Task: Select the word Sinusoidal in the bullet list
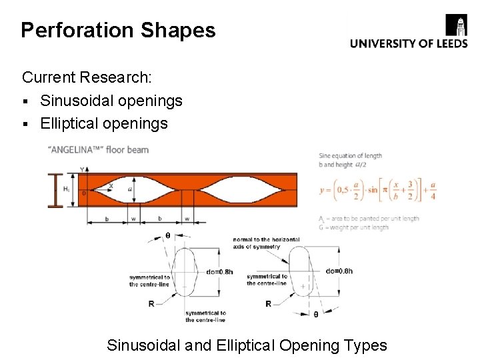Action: (75, 101)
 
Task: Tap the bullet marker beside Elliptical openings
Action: (26, 124)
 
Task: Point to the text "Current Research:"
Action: (87, 77)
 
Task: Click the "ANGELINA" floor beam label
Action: (98, 150)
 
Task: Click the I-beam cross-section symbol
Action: (55, 190)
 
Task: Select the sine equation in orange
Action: (377, 189)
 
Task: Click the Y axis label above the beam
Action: (83, 169)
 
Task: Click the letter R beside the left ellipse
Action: (151, 303)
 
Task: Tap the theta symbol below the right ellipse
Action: (315, 313)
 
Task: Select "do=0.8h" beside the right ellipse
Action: (339, 271)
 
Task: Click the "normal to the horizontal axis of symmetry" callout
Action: (266, 243)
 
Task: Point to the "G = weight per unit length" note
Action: (353, 227)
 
